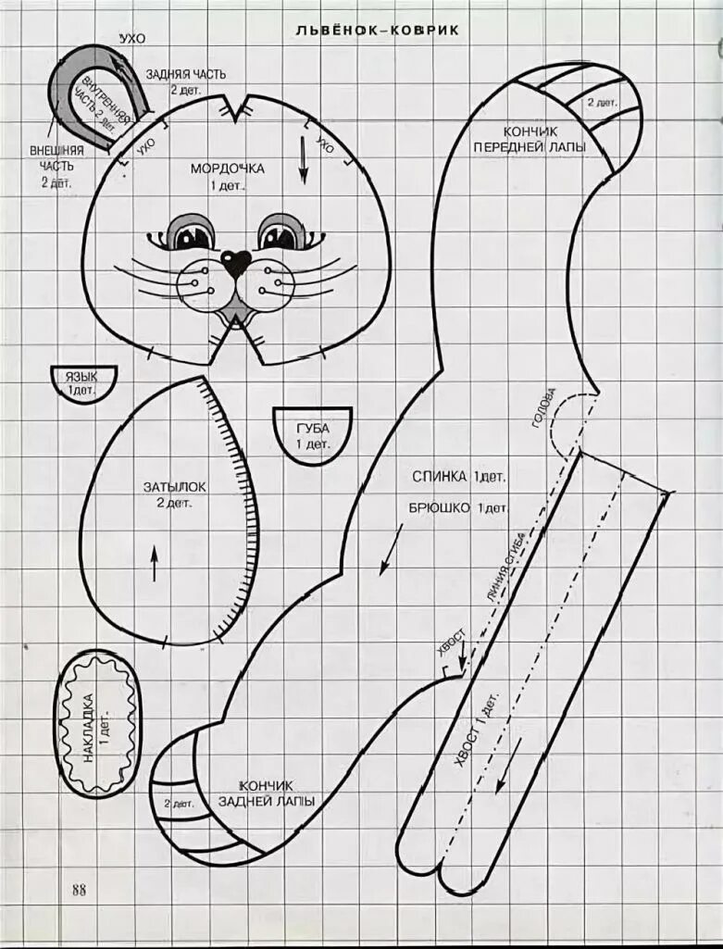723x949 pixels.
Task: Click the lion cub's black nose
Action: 235,263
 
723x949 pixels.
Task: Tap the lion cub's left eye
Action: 193,233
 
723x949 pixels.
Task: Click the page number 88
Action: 79,890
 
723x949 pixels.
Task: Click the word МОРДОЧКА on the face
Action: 227,169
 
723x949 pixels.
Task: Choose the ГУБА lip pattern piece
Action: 312,433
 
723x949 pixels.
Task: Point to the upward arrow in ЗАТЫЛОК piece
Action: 154,563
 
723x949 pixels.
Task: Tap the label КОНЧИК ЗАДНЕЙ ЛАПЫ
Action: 267,793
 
